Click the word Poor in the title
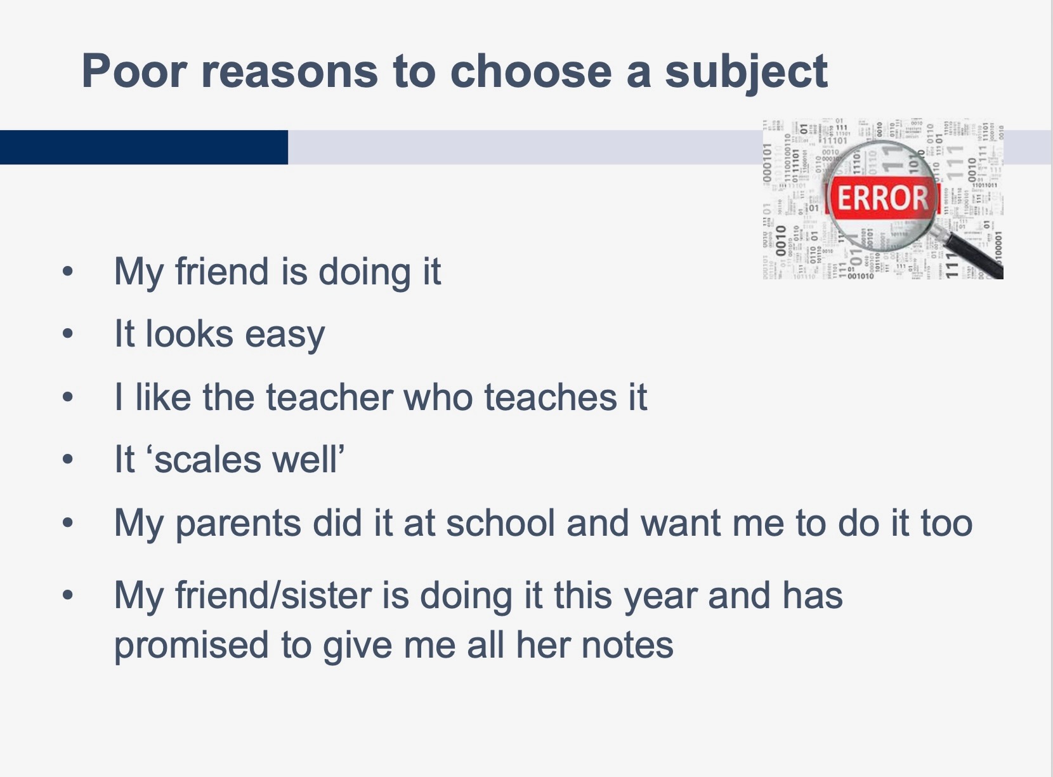pos(134,71)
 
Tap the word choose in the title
pos(531,71)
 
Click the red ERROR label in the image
pos(883,197)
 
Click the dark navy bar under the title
pos(144,147)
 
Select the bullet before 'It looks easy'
pos(68,333)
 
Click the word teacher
pos(329,397)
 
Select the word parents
pos(239,524)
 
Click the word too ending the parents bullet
pos(946,523)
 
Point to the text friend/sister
pos(273,595)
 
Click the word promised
pos(192,646)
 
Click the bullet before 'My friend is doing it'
pos(68,272)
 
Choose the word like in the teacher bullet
pos(163,397)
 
